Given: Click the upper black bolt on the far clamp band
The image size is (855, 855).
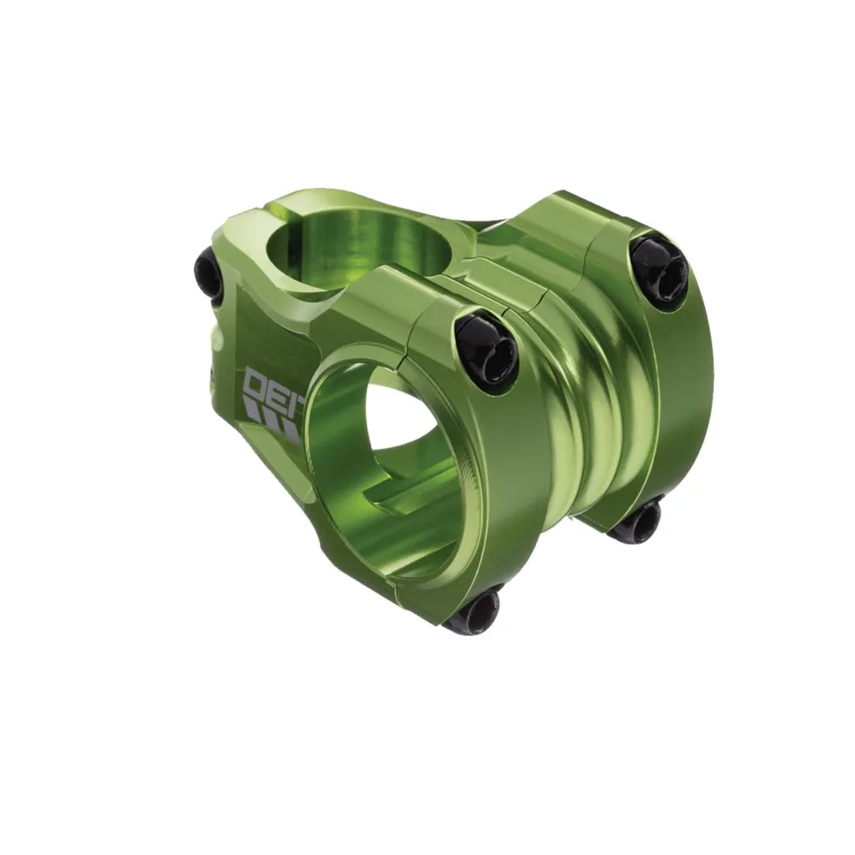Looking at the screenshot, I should tap(660, 271).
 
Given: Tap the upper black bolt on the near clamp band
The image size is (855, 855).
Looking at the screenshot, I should tap(486, 351).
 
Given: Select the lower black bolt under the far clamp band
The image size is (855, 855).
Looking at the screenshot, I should tap(636, 521).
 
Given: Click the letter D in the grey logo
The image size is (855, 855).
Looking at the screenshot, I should tap(257, 384).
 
